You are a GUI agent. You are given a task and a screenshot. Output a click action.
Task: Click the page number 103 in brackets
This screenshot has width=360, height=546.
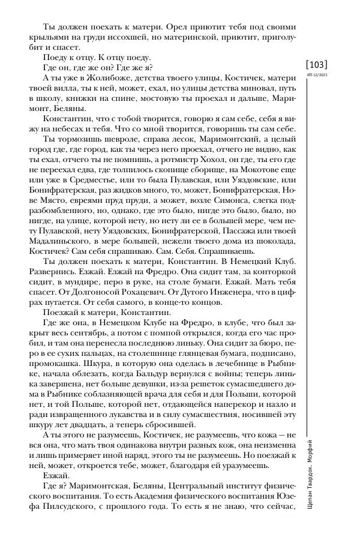[x=316, y=64]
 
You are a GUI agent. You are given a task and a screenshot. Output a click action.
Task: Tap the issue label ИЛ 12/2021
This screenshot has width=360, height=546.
[x=316, y=76]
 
